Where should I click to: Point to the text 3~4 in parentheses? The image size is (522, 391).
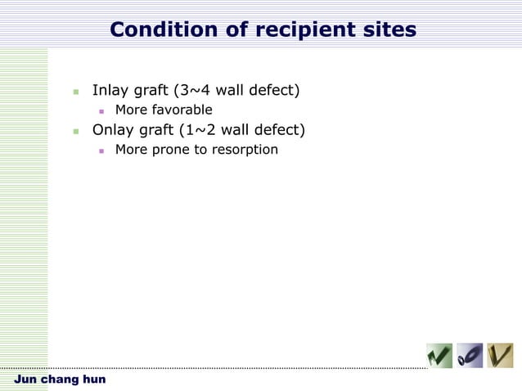click(195, 90)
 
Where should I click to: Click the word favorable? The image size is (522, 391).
click(182, 110)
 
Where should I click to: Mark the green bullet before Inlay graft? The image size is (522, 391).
click(75, 91)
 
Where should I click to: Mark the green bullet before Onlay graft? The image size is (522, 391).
click(75, 130)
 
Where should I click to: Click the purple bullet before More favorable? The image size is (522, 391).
click(101, 110)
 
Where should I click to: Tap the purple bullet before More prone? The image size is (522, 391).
click(101, 151)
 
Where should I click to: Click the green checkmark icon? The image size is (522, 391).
click(439, 356)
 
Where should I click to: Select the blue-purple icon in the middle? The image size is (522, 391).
click(470, 356)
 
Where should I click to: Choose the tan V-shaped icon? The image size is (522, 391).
click(500, 356)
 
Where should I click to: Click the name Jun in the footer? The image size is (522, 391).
click(25, 380)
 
